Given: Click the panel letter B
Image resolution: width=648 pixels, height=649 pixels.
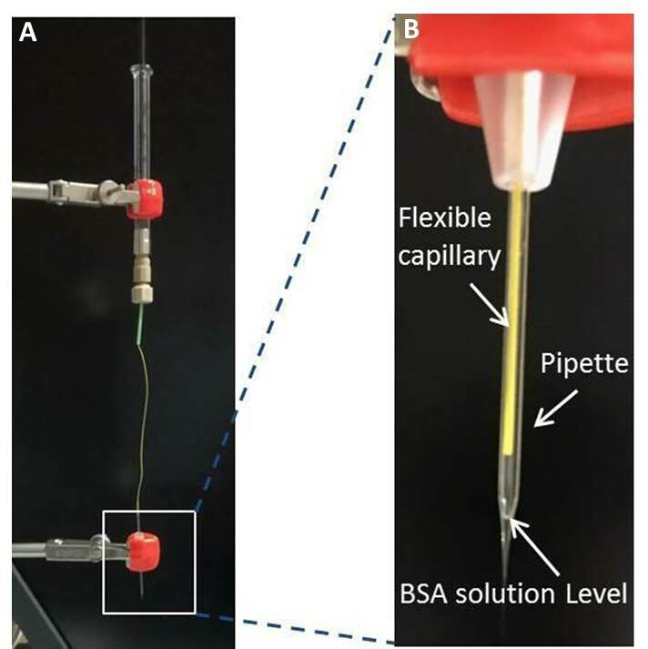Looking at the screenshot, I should pyautogui.click(x=411, y=30).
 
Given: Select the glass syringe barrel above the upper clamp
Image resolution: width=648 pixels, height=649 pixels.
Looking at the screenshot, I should pyautogui.click(x=141, y=118).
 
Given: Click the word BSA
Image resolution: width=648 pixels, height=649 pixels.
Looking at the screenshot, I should pyautogui.click(x=428, y=596).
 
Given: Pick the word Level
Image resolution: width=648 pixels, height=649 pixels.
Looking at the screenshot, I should pyautogui.click(x=595, y=596).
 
